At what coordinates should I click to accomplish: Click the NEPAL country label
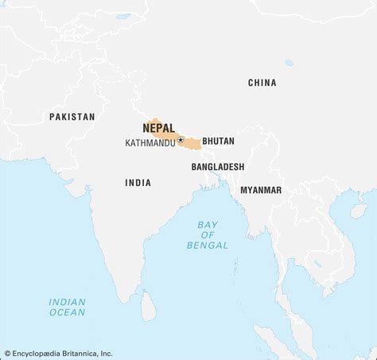(x=159, y=128)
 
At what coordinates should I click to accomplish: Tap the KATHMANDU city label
(x=150, y=143)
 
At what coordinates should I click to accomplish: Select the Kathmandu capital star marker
(x=181, y=141)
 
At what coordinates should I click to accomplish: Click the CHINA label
(x=262, y=83)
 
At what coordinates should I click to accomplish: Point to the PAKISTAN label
(x=72, y=117)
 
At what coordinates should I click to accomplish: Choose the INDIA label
(x=138, y=183)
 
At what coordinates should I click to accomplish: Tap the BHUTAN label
(x=218, y=141)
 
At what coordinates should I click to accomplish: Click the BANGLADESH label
(x=217, y=167)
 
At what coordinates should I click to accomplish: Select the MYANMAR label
(x=261, y=190)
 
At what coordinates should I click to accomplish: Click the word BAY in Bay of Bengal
(x=207, y=225)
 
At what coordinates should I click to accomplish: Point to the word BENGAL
(x=207, y=246)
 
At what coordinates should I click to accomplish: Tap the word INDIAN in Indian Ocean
(x=67, y=302)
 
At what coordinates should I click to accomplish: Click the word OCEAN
(x=67, y=312)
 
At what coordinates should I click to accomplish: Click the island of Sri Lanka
(x=148, y=306)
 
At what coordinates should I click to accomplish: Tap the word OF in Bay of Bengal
(x=207, y=235)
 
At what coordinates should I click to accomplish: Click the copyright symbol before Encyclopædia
(x=7, y=354)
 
